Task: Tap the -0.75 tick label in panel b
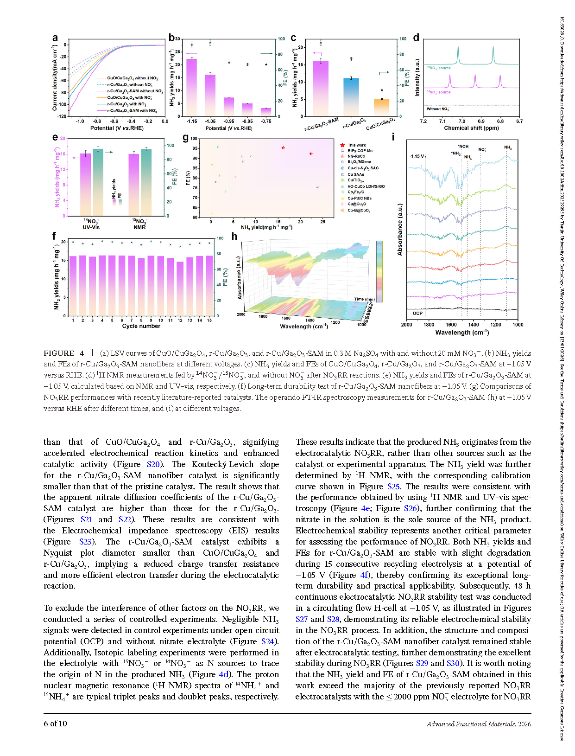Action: coord(266,122)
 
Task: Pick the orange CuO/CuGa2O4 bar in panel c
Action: coord(381,108)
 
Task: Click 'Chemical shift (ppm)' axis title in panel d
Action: coord(471,128)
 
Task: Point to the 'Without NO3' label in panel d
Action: coord(438,109)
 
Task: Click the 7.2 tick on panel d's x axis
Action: coord(423,122)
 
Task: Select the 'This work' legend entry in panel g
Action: coord(356,145)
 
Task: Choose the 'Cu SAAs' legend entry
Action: coord(356,174)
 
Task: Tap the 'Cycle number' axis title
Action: coord(141,326)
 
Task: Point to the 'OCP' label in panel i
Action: coord(417,314)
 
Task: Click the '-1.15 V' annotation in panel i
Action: coord(417,157)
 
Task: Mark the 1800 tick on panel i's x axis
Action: coord(429,325)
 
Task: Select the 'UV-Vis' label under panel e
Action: coord(91,227)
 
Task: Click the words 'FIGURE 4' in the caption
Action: coord(64,353)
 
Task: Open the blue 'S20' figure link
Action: coord(153,464)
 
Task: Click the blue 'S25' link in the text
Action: coord(393,487)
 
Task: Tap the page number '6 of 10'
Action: coord(55,724)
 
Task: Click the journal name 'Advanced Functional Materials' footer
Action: coord(471,724)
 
